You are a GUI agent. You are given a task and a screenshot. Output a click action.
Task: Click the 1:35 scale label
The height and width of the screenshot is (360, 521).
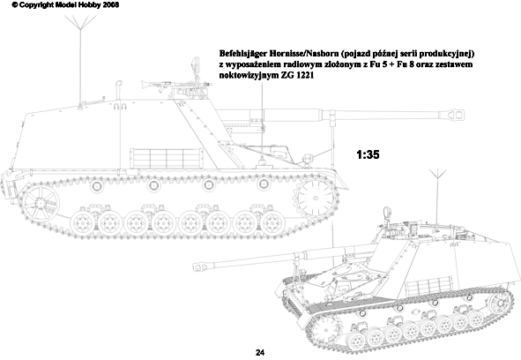pos(368,154)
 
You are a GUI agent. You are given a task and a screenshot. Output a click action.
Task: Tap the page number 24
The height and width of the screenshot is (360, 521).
pos(260,353)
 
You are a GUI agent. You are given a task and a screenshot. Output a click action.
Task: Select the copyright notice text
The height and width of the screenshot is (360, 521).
pos(65,5)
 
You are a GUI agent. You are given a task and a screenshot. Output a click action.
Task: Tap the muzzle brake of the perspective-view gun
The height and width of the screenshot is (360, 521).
pos(203,266)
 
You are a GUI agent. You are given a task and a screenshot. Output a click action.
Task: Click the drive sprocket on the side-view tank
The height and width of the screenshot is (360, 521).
pos(316,198)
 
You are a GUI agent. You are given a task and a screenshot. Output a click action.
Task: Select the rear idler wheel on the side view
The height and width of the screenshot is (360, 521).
pos(40,202)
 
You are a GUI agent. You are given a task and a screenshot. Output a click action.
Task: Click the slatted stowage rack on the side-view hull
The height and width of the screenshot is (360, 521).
pos(167,158)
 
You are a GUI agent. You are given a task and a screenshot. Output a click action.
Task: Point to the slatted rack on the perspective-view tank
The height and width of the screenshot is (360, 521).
pos(428,287)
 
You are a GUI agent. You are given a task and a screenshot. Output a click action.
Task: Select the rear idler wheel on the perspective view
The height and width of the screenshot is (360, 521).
pos(500,303)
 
